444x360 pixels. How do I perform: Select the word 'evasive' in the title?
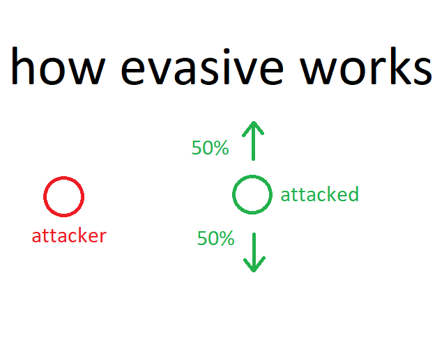point(202,67)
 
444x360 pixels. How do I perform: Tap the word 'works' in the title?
point(366,66)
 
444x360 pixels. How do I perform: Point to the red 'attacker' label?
point(69,236)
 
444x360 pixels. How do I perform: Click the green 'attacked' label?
point(320,194)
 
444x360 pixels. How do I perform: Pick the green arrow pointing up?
point(254,141)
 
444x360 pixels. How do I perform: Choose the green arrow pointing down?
point(254,252)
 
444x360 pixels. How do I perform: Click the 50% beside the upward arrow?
point(210,148)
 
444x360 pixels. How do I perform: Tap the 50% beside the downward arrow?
point(216,238)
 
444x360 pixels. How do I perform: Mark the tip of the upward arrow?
point(254,122)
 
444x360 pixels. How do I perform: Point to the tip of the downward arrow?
point(254,272)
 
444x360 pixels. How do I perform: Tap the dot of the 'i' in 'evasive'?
point(226,52)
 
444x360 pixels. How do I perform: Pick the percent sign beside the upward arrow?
point(221,148)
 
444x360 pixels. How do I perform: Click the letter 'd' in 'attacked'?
point(353,194)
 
